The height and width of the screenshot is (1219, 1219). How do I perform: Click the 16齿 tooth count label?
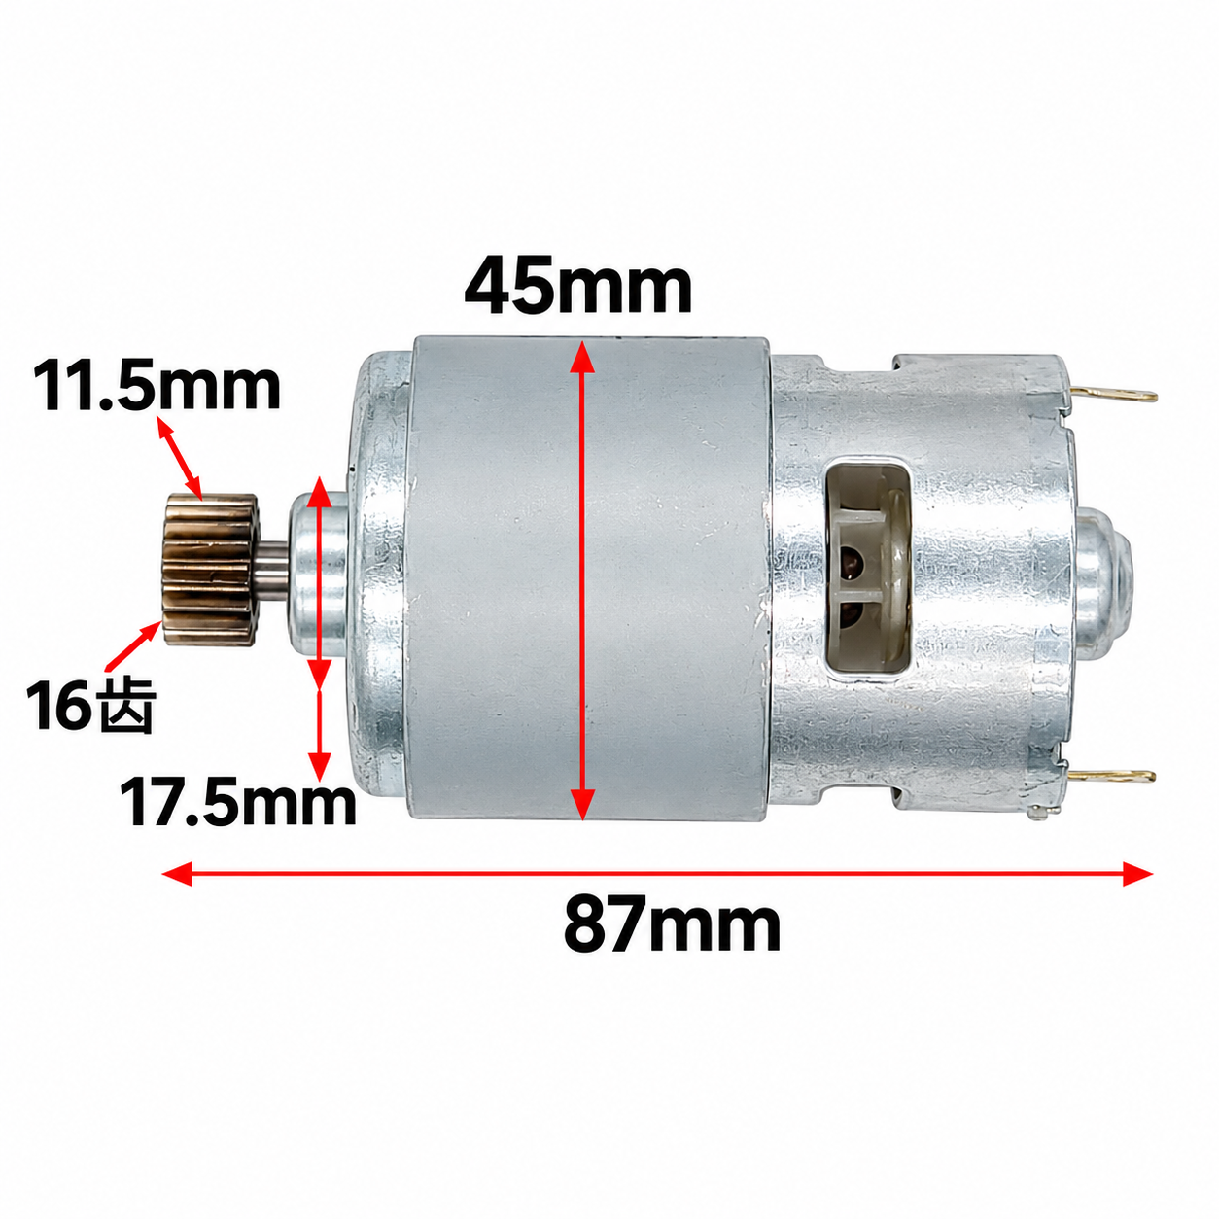90,706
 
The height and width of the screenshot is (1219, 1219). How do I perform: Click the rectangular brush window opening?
868,568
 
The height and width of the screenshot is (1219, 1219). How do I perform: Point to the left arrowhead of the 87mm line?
177,874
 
